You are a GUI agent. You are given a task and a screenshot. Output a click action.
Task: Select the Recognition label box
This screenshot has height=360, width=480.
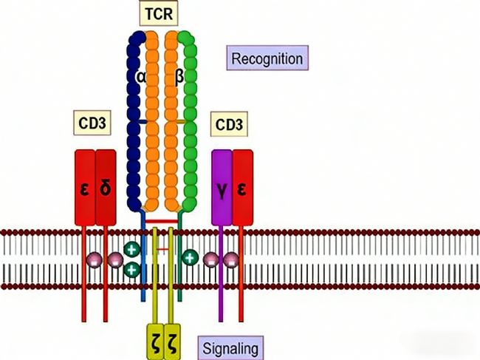coord(267,57)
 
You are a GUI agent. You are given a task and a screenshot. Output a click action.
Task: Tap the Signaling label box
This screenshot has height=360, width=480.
coord(232,346)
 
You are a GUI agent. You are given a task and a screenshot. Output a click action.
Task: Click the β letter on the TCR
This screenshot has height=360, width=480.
coord(179,76)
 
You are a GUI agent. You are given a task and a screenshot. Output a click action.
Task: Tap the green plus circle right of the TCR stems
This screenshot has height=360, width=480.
coord(190,257)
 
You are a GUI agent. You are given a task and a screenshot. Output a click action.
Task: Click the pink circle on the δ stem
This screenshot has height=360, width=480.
coord(114,259)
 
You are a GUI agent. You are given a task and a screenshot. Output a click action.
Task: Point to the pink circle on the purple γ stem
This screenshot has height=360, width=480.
coord(211,259)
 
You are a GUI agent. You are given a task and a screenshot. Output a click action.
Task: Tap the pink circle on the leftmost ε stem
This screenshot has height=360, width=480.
coord(95,259)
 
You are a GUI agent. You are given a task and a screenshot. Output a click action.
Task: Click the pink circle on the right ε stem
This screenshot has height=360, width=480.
coord(231,259)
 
